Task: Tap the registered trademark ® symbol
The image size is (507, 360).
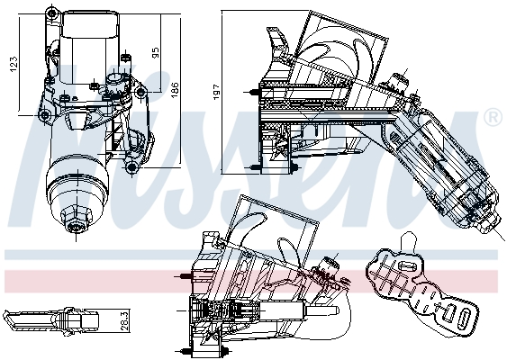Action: pos(493,117)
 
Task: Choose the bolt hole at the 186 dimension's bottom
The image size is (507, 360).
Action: pos(131,167)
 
